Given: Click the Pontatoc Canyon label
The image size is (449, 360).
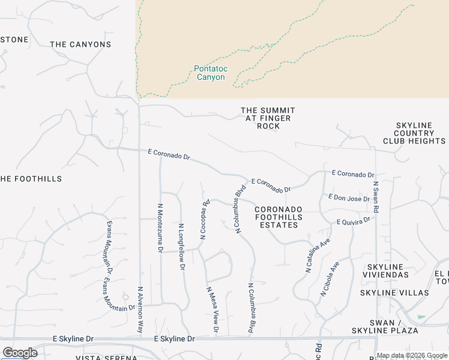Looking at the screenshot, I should (x=210, y=73).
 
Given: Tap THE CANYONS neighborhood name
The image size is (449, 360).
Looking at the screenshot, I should (x=80, y=44).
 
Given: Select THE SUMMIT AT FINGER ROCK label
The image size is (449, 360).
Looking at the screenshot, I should (x=268, y=118).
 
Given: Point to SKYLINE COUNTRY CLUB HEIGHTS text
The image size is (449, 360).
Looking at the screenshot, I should (x=414, y=133).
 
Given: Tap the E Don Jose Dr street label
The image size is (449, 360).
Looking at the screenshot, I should (x=349, y=197).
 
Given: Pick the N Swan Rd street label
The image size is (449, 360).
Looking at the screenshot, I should (x=376, y=197).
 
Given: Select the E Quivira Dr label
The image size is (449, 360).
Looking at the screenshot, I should (x=354, y=221).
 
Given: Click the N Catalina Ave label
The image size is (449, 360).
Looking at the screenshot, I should (x=318, y=256).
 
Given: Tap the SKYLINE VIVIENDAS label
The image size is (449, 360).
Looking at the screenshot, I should (x=385, y=271).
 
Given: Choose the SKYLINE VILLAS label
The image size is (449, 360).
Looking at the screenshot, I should (x=394, y=293).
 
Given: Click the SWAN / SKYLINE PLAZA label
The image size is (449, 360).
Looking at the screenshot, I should (x=394, y=327).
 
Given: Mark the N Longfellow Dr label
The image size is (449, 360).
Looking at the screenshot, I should (x=181, y=247).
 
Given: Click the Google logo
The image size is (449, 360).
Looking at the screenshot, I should (x=20, y=353).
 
